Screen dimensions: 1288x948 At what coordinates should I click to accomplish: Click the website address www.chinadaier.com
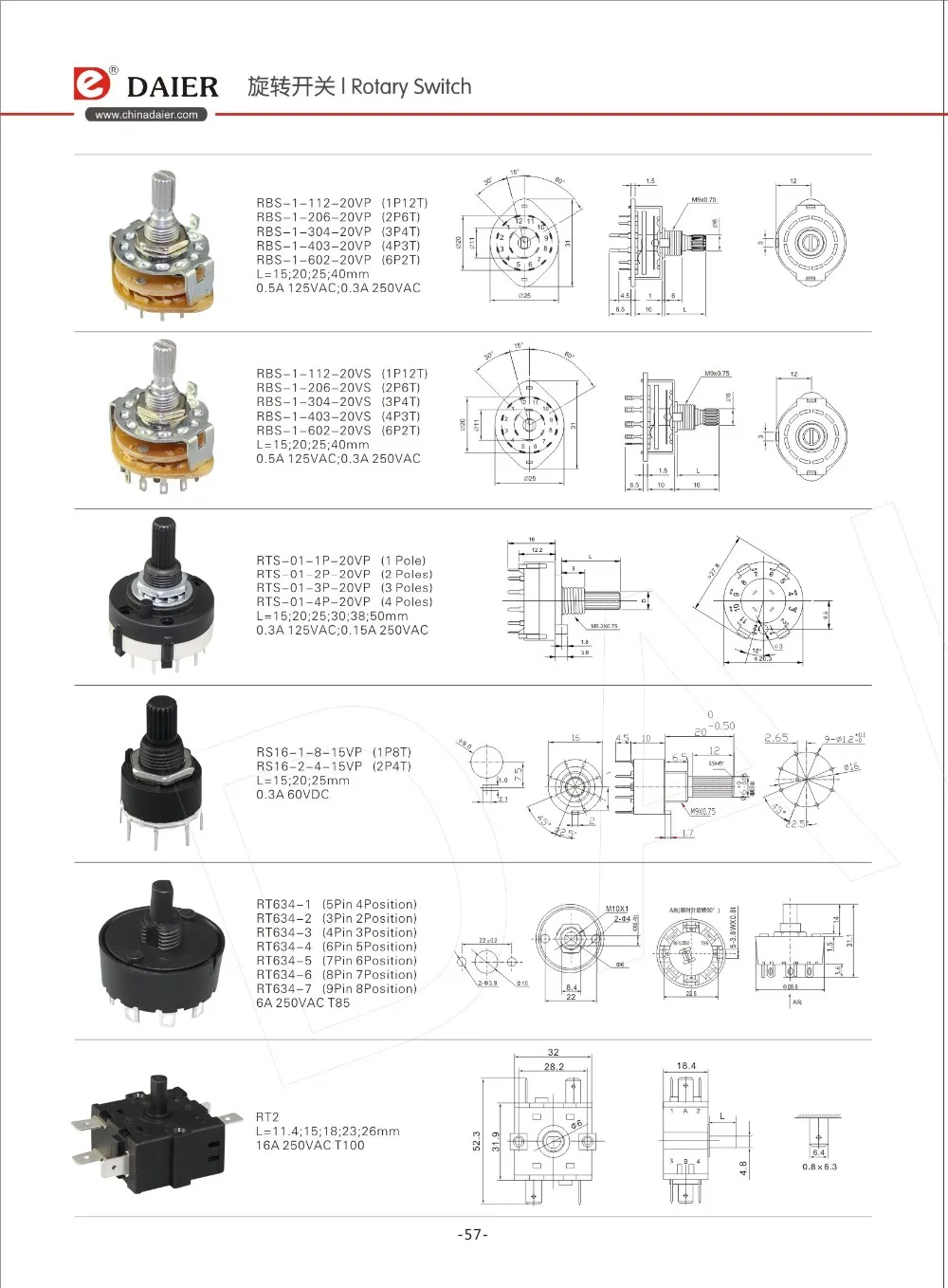(x=146, y=115)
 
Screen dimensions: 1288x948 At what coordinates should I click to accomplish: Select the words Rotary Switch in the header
(x=410, y=86)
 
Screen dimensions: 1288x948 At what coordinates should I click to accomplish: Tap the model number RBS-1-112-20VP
(x=313, y=203)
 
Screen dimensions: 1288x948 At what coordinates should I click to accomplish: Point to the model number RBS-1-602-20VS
(x=313, y=431)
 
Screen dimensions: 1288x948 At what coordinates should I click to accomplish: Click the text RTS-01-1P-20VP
(x=313, y=561)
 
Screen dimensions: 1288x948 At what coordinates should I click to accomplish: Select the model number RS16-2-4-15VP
(x=309, y=766)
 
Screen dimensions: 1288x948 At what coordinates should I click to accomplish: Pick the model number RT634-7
(x=283, y=988)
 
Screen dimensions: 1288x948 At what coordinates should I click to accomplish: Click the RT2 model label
(x=267, y=1117)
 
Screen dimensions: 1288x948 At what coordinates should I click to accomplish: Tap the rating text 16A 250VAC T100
(x=310, y=1145)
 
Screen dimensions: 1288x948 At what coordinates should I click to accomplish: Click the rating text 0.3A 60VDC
(x=292, y=794)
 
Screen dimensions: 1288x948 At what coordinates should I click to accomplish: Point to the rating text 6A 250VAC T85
(x=302, y=1003)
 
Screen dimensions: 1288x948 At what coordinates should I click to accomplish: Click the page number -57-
(x=472, y=1234)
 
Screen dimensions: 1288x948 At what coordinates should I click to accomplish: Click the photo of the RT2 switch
(x=152, y=1128)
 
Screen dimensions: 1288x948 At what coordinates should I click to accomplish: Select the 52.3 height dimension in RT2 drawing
(x=477, y=1140)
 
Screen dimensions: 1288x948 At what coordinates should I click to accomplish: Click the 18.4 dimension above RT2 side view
(x=686, y=1066)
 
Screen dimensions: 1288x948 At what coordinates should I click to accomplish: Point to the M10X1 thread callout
(x=617, y=910)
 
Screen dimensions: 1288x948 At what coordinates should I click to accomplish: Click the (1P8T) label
(x=392, y=752)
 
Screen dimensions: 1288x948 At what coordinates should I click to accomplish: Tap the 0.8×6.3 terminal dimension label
(x=819, y=1167)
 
